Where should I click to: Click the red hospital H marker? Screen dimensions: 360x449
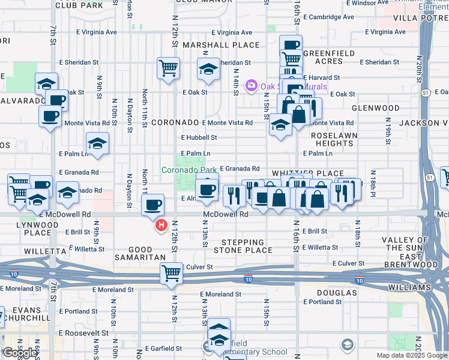[x=161, y=226]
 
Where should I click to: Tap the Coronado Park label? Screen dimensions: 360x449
[x=189, y=170]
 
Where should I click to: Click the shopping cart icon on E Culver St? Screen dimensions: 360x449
[x=172, y=273]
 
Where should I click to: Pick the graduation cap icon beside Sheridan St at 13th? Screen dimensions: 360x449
[x=208, y=69]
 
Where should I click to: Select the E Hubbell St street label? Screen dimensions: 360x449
[x=199, y=137]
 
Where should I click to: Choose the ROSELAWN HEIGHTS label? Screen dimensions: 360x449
[x=334, y=140]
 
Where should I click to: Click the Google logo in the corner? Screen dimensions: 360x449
[x=20, y=353]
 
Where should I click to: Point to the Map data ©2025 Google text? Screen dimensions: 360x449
[x=412, y=355]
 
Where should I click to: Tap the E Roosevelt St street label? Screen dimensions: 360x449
[x=83, y=332]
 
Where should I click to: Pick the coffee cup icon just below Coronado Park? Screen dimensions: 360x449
[x=206, y=190]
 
